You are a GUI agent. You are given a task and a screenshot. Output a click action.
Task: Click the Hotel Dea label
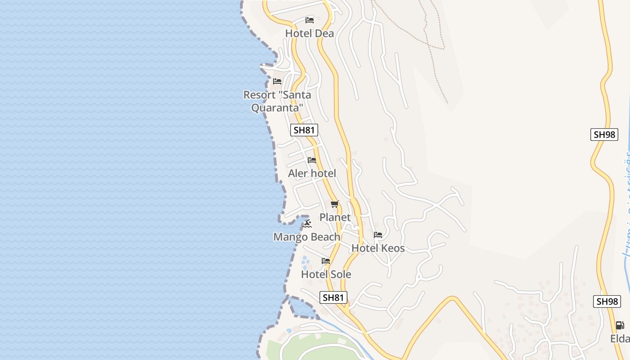coord(310,33)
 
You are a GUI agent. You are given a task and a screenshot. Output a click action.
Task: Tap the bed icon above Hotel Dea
coord(309,20)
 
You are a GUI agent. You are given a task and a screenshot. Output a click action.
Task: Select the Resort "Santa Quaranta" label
coord(277,101)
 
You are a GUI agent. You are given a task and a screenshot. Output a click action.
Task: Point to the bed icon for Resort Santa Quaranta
coord(277,81)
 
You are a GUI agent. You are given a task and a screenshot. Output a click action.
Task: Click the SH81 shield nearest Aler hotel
coord(304,130)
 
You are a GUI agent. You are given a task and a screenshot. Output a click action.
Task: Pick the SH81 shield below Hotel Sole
coord(333,297)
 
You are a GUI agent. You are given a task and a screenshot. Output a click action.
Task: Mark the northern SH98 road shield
coord(604,135)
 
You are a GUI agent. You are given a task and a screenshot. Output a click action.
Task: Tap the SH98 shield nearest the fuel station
coord(607,301)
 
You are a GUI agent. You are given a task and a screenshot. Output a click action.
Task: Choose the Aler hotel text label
coord(312,173)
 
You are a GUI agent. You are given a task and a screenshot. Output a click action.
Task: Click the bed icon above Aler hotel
coord(312,160)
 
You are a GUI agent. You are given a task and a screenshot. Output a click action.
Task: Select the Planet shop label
coord(335,217)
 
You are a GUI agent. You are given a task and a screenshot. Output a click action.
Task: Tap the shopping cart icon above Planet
coord(334,204)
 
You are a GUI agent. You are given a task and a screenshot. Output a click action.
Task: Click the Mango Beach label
coord(307,237)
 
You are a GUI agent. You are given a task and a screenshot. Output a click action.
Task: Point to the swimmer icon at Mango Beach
coord(307,224)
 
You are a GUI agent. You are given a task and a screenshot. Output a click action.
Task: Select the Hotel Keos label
coord(378,248)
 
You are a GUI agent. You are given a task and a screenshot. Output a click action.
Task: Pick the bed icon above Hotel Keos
coord(378,235)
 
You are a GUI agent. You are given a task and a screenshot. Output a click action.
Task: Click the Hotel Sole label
coord(326,274)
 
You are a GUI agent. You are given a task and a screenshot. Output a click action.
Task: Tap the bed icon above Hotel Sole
coord(326,261)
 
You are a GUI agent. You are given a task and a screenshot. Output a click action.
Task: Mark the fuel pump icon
coord(620,325)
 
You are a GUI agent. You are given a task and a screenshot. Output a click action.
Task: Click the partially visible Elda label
coord(620,338)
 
